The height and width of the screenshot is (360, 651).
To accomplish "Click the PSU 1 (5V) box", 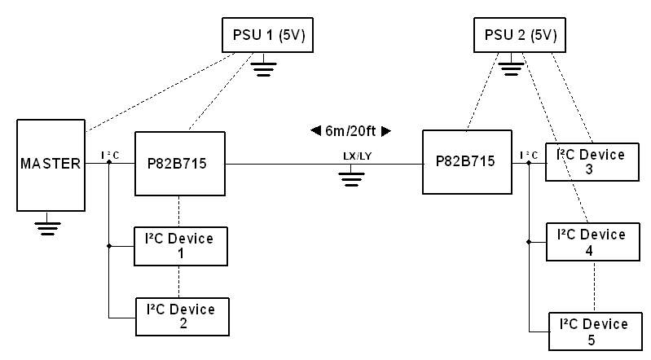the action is coord(267,35).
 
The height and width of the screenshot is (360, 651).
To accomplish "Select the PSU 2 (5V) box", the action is coord(519,35).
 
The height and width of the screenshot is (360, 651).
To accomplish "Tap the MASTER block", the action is coord(51,165).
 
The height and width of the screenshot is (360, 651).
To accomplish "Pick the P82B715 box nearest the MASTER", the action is coord(180,164).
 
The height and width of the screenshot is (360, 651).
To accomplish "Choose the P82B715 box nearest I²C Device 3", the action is coord(467,162).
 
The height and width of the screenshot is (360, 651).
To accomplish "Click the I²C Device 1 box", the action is coord(181,246).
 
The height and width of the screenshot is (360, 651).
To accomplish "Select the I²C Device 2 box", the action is coord(183,317).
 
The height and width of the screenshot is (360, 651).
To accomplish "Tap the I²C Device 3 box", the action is coord(592,162).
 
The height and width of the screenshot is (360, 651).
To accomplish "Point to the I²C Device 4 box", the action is coord(593,242).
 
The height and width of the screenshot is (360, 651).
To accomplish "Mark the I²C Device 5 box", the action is coord(596,331).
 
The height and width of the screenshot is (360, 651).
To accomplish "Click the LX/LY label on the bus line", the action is coord(357,156).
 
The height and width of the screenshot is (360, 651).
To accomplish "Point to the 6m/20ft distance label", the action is coord(350,131).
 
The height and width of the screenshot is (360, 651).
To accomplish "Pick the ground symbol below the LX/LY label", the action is coord(351,175).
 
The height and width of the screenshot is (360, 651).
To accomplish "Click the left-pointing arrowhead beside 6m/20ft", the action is coord(315,131).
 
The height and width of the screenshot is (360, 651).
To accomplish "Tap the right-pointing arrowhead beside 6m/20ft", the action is coord(385,131).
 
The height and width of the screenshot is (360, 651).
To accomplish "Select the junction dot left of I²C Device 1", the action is coord(109,246).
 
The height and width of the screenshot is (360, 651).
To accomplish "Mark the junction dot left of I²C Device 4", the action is coord(529,242).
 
